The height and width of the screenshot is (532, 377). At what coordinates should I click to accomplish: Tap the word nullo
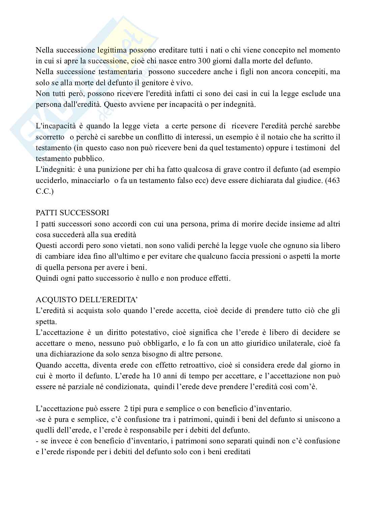pyautogui.click(x=147, y=279)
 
